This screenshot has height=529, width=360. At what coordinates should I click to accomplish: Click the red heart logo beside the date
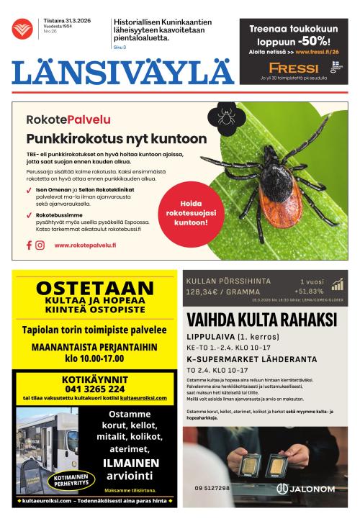click(x=22, y=29)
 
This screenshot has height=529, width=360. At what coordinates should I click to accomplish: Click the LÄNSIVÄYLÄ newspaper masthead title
click(x=123, y=72)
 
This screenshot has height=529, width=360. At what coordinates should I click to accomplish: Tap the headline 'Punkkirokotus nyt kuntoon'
click(x=116, y=139)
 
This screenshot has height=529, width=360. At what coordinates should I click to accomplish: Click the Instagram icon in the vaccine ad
click(x=40, y=245)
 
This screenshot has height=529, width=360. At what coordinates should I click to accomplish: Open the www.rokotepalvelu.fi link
click(x=85, y=245)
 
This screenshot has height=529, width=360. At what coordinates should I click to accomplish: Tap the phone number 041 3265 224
click(x=94, y=389)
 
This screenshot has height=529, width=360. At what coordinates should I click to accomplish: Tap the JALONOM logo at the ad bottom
click(x=305, y=489)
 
